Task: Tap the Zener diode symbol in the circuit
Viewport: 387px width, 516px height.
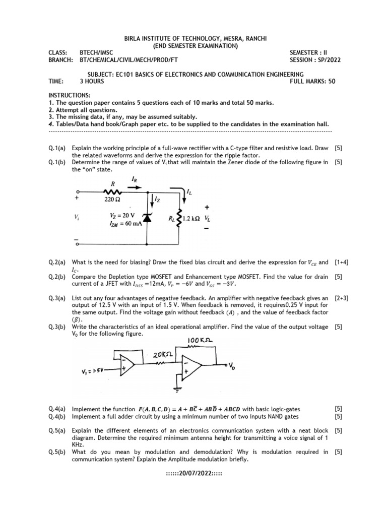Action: (147, 217)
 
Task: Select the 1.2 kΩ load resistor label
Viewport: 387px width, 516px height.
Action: (192, 219)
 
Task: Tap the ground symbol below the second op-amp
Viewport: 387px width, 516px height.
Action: (177, 389)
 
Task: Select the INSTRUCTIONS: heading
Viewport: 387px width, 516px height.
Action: (70, 95)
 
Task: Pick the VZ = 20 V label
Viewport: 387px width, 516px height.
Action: (123, 215)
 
